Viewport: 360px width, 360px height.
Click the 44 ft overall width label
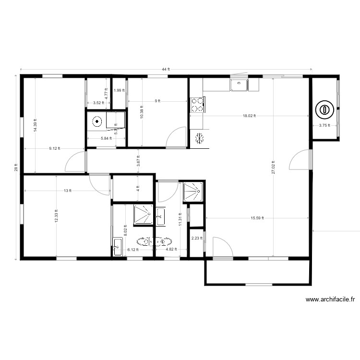click(x=166, y=70)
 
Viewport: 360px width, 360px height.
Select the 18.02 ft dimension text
click(x=249, y=116)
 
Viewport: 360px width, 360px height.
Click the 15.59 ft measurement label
click(x=257, y=218)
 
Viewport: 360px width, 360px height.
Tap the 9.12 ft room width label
click(x=54, y=149)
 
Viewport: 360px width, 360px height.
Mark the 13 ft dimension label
click(x=67, y=191)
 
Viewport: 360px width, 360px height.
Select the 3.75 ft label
click(x=324, y=126)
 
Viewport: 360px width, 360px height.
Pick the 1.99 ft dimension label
click(x=119, y=90)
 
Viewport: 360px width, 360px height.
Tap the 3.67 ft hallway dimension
click(x=138, y=161)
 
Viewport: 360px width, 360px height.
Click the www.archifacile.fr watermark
click(x=330, y=300)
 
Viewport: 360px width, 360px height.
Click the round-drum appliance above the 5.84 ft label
click(x=98, y=121)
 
